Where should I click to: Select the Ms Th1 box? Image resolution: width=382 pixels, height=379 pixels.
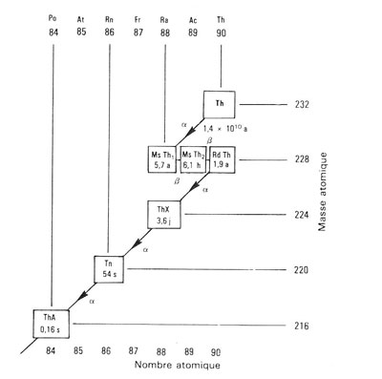click(164, 158)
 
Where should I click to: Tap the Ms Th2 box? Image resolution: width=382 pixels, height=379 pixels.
click(194, 158)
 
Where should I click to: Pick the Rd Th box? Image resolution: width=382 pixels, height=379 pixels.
click(222, 158)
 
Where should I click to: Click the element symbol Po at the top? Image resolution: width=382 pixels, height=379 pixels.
click(52, 17)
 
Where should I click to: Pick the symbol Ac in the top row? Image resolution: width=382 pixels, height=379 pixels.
click(193, 17)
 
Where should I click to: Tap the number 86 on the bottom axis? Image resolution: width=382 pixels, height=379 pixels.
click(108, 349)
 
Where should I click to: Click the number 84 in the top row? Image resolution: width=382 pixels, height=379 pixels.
click(52, 32)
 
